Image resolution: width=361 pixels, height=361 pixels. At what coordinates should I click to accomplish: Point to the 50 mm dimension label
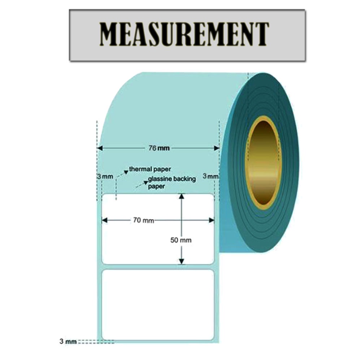(x=180, y=240)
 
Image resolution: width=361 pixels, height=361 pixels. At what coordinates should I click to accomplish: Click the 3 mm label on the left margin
(x=105, y=177)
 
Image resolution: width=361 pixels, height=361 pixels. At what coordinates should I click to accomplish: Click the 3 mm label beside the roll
(x=211, y=177)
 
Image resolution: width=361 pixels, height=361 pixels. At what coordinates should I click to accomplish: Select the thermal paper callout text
(x=150, y=169)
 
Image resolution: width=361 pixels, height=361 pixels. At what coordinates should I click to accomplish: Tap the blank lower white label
(x=158, y=305)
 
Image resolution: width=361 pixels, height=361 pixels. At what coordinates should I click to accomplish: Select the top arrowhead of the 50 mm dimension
(x=182, y=196)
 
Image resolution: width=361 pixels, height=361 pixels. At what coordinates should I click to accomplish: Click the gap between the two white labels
(x=158, y=267)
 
